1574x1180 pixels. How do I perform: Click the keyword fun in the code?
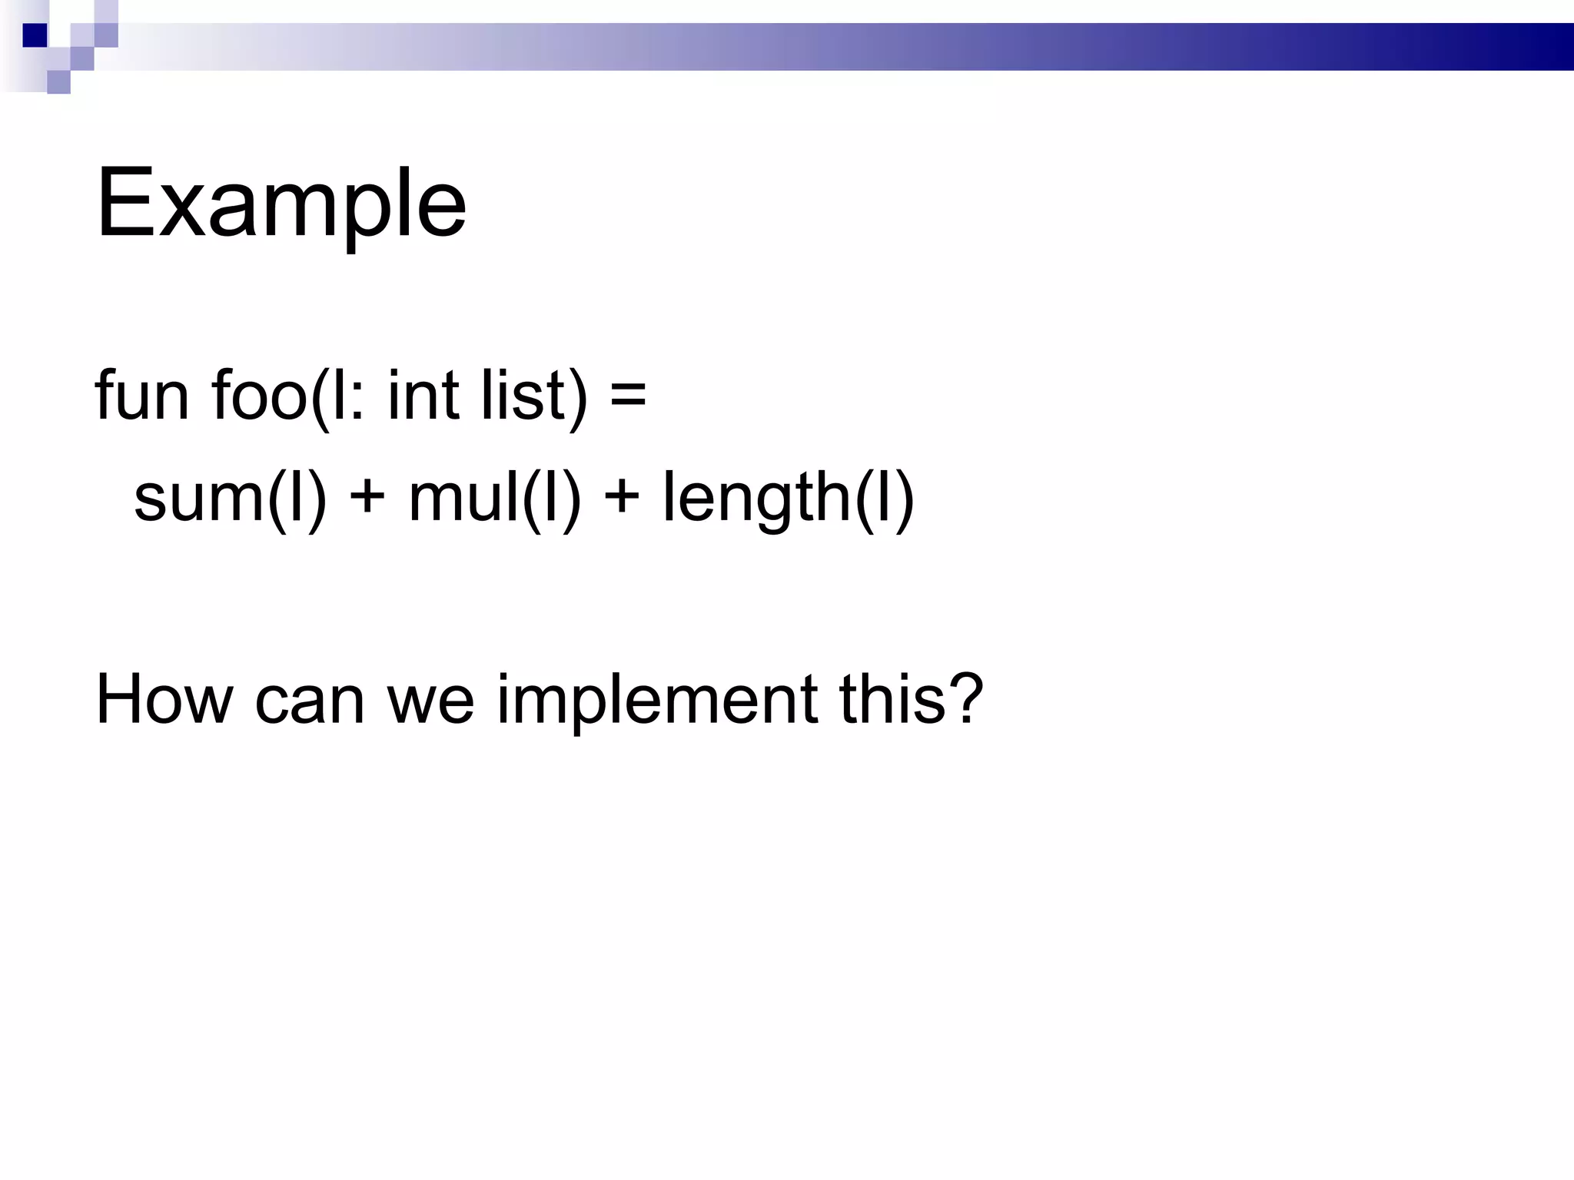(141, 396)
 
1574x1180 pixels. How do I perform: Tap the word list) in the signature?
(534, 396)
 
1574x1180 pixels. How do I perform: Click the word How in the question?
(164, 699)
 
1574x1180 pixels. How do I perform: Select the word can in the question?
(309, 703)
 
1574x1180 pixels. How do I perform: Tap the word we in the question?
(430, 703)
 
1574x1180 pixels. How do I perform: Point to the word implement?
(657, 701)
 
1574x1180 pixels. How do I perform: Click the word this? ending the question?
(911, 699)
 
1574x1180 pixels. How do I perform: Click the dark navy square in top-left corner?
(35, 35)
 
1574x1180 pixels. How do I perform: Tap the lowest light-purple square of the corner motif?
(58, 82)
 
